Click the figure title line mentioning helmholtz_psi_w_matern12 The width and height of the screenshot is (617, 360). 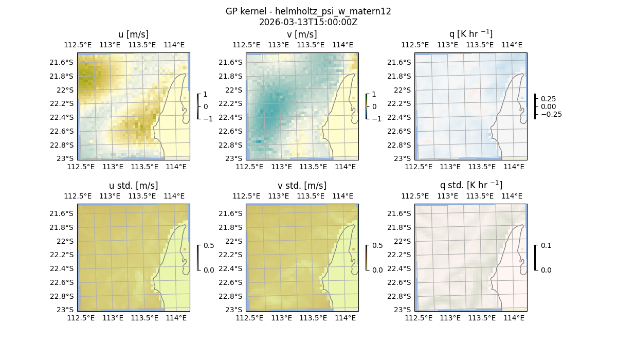(308, 11)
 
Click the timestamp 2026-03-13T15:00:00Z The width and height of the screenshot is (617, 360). (308, 22)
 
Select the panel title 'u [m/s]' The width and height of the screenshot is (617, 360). (134, 34)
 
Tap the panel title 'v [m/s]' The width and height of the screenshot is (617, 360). (302, 34)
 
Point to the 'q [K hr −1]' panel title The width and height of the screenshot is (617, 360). (471, 34)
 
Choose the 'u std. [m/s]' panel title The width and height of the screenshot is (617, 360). (134, 186)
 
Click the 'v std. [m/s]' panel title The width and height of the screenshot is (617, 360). (302, 186)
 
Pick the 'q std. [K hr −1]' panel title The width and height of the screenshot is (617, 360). (471, 185)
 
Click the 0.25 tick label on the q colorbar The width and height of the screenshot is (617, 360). (549, 99)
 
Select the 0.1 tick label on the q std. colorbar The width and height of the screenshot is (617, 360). (546, 245)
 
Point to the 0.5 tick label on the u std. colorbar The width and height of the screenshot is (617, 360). (209, 245)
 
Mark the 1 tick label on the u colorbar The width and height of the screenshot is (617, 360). (206, 95)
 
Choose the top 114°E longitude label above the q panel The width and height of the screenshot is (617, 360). (512, 45)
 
